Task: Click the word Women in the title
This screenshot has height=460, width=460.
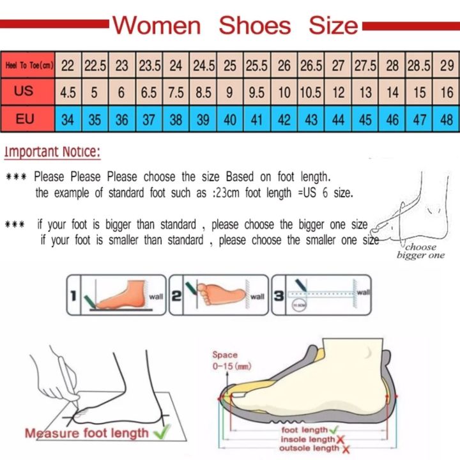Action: (157, 26)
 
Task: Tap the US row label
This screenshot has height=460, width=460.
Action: (24, 92)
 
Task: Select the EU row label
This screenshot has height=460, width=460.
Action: (24, 119)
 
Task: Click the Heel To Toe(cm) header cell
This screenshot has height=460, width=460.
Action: (28, 65)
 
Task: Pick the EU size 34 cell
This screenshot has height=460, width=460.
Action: (67, 119)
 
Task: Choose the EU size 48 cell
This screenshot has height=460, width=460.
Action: (447, 119)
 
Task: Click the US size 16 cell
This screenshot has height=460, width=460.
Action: (447, 93)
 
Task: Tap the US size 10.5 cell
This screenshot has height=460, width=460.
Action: (310, 93)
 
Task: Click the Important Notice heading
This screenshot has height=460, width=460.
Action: (52, 152)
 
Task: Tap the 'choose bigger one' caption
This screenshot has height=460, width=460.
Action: (420, 251)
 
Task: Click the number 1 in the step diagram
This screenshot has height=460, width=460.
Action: (74, 295)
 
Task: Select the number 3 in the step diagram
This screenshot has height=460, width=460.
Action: (279, 295)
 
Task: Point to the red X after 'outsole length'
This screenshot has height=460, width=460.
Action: (346, 450)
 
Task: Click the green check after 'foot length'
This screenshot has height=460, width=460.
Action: (333, 429)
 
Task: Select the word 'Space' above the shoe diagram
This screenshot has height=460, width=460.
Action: (225, 355)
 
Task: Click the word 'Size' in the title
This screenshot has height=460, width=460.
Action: (333, 26)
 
